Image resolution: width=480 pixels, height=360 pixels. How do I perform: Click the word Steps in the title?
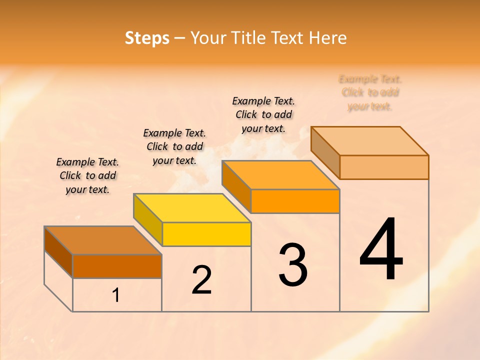coord(147,38)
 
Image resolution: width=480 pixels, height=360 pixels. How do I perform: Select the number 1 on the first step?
coord(116,295)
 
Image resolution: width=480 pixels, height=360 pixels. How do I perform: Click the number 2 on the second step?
coord(201,280)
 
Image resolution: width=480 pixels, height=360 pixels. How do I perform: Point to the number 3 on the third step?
coord(293,265)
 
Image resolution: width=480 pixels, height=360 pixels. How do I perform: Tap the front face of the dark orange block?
coord(117,266)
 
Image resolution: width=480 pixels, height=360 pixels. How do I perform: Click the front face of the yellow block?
coord(206,234)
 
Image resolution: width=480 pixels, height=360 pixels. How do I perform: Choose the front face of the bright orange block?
coord(295,201)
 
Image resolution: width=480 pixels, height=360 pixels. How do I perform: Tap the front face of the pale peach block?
coord(384,167)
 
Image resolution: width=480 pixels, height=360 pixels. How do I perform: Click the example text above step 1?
coord(87,175)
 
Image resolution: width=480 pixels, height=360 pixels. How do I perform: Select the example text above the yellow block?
coord(174,146)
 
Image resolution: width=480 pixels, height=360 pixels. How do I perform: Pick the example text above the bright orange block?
coord(263,114)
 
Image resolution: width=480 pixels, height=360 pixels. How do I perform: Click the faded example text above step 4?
coord(370,92)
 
